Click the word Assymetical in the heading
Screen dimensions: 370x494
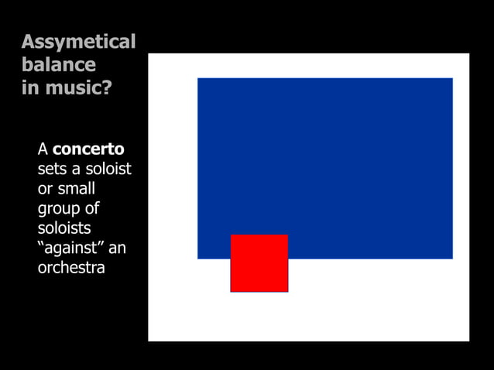(78, 42)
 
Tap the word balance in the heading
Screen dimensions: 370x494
(59, 64)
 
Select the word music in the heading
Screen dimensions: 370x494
(74, 87)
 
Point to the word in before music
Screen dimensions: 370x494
(29, 87)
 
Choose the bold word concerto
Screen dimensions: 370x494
(88, 149)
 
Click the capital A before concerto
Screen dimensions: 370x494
(43, 149)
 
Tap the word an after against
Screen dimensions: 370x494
(117, 249)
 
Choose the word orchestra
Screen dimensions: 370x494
(71, 269)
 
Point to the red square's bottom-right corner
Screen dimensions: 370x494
(287, 291)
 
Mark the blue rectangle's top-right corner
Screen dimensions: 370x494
(452, 78)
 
